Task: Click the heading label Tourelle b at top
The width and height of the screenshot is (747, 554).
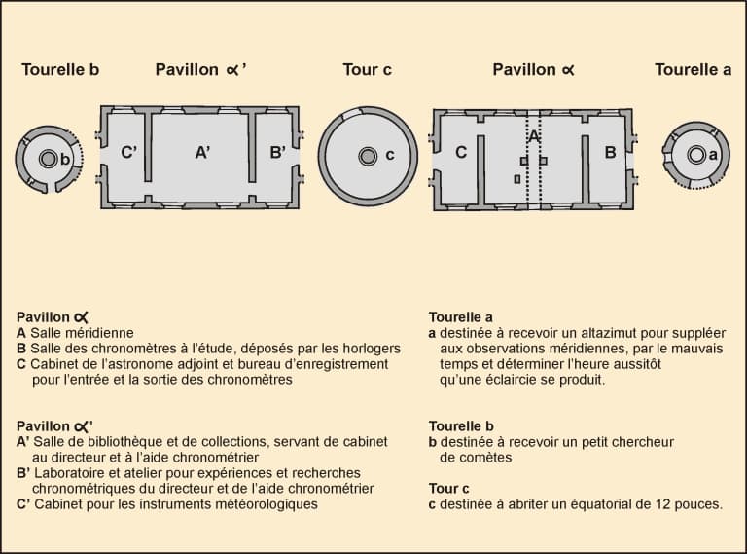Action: (x=60, y=70)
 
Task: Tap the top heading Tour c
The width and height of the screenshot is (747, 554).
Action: (x=367, y=70)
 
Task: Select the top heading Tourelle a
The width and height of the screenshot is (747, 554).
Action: (x=693, y=70)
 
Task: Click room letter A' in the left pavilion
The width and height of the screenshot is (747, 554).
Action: (x=202, y=152)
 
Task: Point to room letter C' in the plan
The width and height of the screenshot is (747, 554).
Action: (x=128, y=152)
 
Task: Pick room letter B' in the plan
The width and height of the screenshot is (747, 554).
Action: (x=278, y=152)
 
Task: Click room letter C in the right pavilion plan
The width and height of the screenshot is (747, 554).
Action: (x=461, y=152)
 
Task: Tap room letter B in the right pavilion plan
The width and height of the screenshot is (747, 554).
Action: (x=610, y=152)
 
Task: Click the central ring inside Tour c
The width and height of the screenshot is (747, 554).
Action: (x=367, y=156)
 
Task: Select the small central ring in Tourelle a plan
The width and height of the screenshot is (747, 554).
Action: (x=695, y=154)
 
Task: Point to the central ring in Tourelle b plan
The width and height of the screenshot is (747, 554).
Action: (x=48, y=159)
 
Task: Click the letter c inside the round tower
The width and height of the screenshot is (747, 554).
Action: (x=389, y=155)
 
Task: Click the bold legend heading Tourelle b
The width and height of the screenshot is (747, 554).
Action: (x=461, y=425)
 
